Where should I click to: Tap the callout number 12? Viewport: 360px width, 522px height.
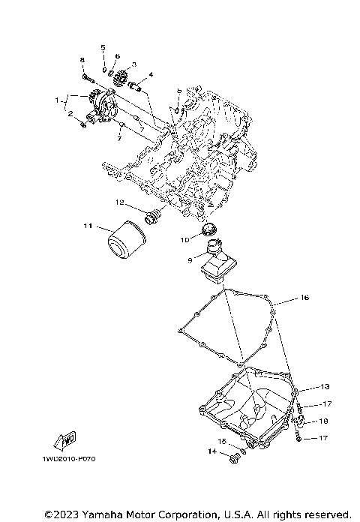[x=119, y=202]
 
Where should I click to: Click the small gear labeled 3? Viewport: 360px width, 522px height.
[x=120, y=78]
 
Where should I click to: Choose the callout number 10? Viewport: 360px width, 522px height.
[x=184, y=240]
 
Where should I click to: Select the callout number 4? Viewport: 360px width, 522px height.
[x=151, y=75]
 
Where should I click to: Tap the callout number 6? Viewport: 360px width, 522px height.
[x=118, y=56]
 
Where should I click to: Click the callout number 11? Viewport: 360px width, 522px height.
[x=87, y=225]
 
